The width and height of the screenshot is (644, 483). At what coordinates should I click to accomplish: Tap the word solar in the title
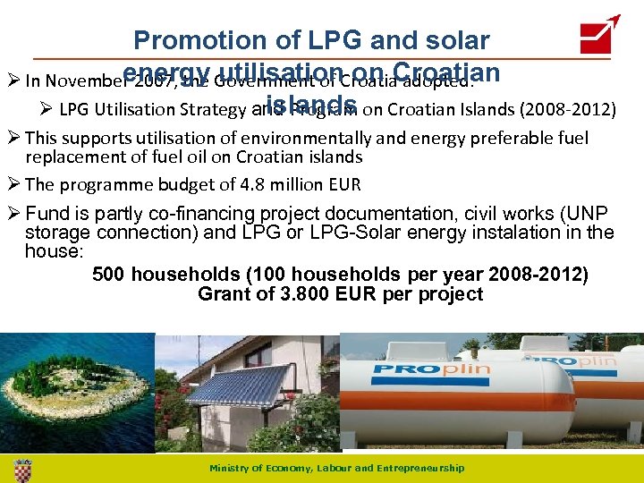pos(453,40)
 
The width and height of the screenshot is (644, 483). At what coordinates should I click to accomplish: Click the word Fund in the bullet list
pos(44,214)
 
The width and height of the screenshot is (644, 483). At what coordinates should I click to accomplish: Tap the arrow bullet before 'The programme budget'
pos(13,185)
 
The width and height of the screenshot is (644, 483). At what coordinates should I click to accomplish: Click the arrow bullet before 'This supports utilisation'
pos(13,138)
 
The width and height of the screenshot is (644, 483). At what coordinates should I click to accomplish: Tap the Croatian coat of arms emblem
pos(23,469)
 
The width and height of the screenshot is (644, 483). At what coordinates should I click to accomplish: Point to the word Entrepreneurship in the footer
pos(421,469)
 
